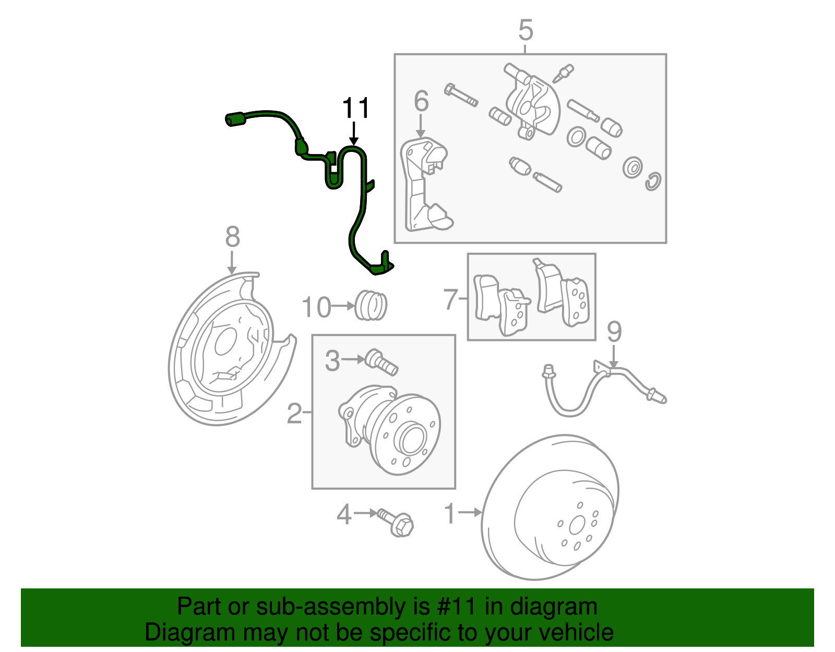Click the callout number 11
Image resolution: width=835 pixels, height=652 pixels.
pyautogui.click(x=355, y=109)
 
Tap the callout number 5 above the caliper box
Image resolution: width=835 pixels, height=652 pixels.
pyautogui.click(x=526, y=30)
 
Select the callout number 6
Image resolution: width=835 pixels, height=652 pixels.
pyautogui.click(x=421, y=101)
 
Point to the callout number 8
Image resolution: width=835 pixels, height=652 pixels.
pyautogui.click(x=232, y=237)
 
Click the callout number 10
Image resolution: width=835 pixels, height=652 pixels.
pyautogui.click(x=316, y=307)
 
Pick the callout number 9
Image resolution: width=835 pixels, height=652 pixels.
pyautogui.click(x=614, y=332)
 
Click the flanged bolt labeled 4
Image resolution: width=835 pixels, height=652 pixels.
pyautogui.click(x=396, y=523)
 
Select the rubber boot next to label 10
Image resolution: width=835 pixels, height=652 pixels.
pyautogui.click(x=371, y=305)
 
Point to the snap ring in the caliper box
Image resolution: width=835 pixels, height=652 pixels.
pyautogui.click(x=653, y=181)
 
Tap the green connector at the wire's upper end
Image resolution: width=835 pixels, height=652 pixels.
pyautogui.click(x=235, y=119)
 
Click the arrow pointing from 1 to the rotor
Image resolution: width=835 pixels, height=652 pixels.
pyautogui.click(x=471, y=513)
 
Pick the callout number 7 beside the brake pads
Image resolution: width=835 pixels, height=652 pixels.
pyautogui.click(x=451, y=300)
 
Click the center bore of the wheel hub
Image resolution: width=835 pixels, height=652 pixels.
pyautogui.click(x=412, y=440)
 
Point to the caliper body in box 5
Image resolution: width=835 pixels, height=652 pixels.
pyautogui.click(x=533, y=104)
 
